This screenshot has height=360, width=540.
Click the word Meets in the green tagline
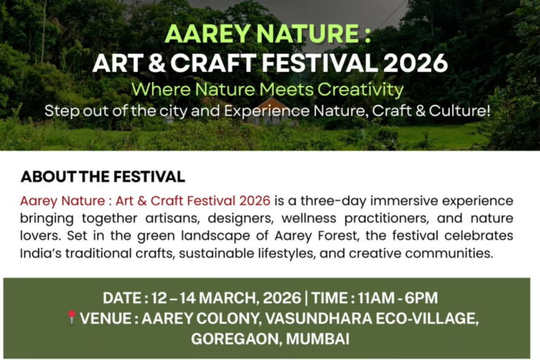[x=283, y=89]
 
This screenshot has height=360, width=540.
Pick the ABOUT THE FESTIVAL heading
[x=103, y=176]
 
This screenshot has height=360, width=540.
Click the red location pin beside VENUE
[x=71, y=318]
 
